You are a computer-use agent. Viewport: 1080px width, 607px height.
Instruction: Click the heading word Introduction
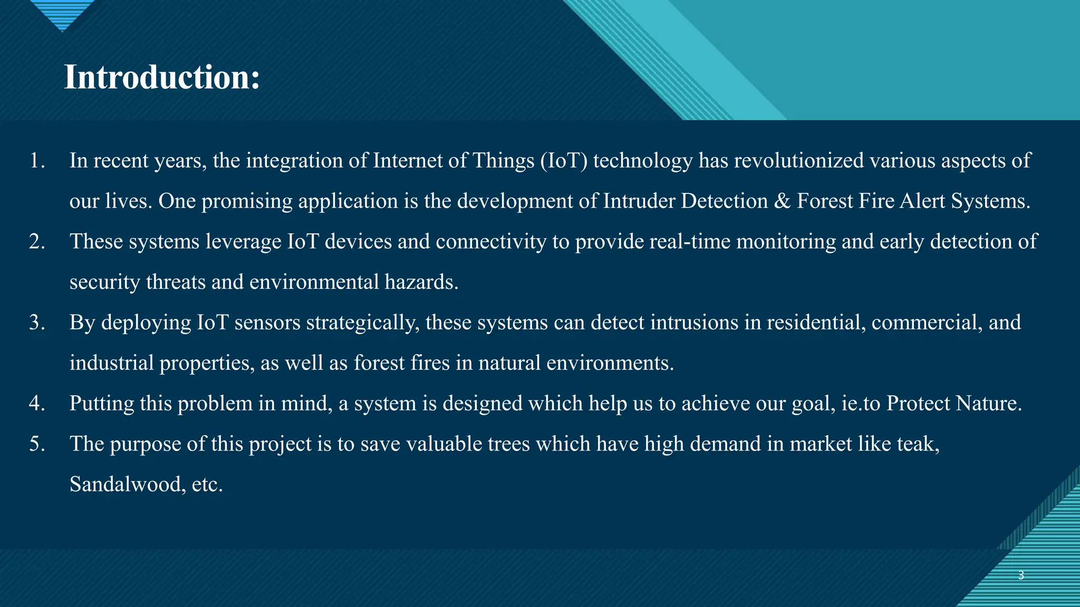click(162, 77)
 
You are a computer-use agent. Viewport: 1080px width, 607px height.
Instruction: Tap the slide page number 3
click(1021, 575)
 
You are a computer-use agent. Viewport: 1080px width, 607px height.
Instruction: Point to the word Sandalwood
click(126, 484)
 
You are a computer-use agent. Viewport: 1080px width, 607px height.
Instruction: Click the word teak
click(917, 444)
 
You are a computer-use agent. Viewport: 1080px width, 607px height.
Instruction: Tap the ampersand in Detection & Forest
click(782, 201)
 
